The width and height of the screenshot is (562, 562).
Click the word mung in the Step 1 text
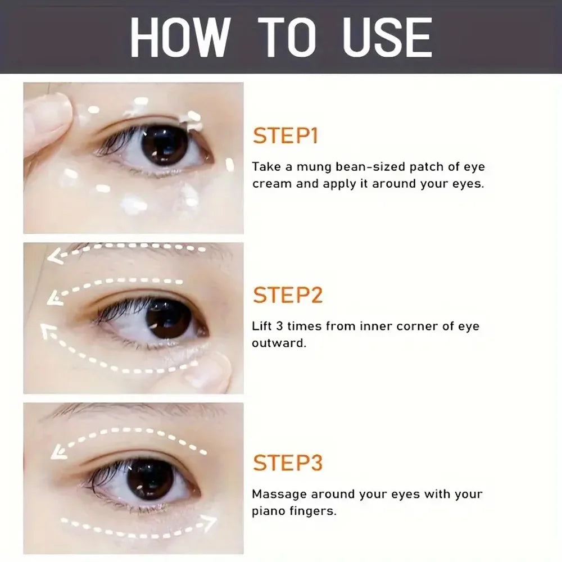316,167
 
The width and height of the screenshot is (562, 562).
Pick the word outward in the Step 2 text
279,343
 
